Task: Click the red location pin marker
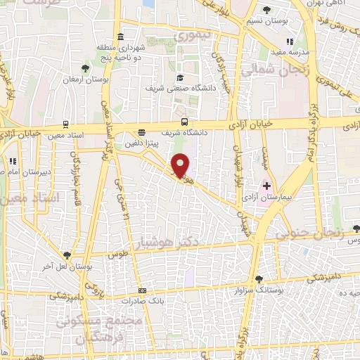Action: tap(181, 165)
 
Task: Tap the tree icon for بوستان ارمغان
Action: tap(85, 68)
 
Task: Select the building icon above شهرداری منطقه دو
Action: tap(122, 37)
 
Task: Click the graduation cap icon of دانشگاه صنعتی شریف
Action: tap(180, 78)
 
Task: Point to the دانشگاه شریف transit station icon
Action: tap(184, 122)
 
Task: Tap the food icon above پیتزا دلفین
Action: tap(142, 131)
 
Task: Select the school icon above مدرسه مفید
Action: tap(290, 41)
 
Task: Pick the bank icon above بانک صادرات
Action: tap(143, 290)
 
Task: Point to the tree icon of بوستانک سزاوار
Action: tap(259, 278)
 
